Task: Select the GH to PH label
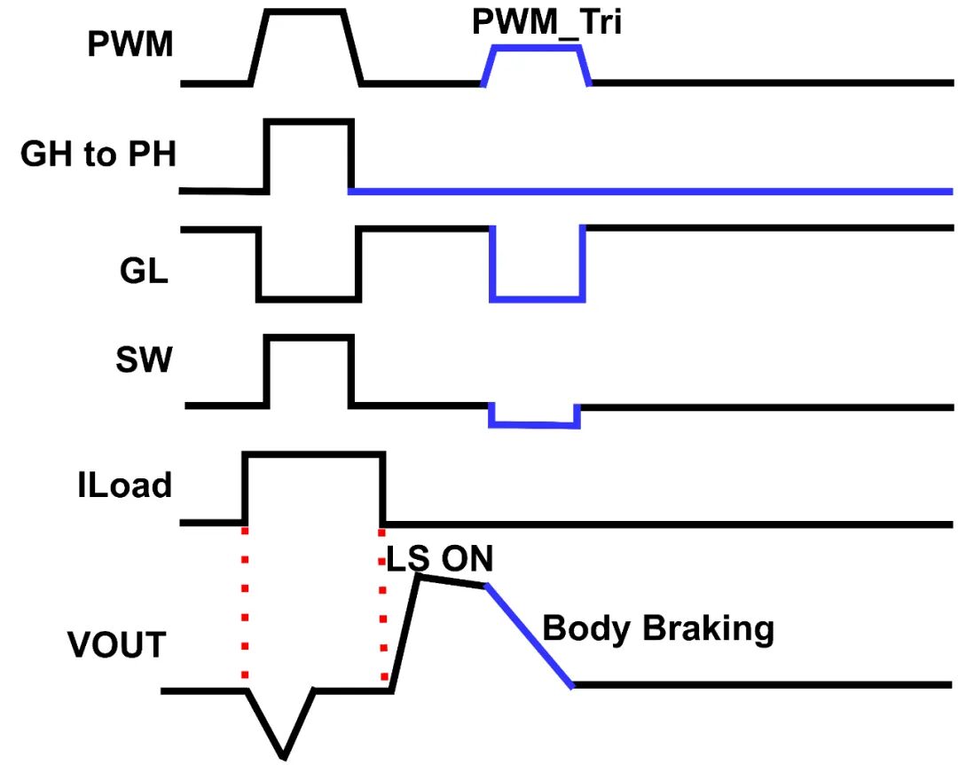98,154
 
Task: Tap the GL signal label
143,272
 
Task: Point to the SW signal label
143,360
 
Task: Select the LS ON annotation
439,559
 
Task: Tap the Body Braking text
657,628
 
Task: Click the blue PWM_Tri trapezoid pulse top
537,48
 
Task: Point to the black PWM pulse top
306,12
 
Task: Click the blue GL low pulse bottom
538,298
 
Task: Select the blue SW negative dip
534,425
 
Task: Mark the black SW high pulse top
310,337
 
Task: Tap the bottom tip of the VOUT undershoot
284,756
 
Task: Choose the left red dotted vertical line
245,603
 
